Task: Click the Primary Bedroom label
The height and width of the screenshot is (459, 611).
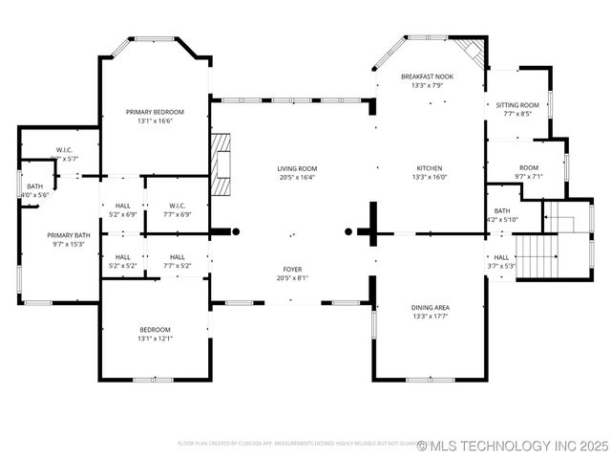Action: click(x=155, y=112)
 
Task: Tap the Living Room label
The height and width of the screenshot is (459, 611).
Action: click(x=297, y=168)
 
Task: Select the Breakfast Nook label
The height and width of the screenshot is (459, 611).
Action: click(x=427, y=76)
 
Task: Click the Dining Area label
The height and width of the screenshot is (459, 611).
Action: click(x=431, y=308)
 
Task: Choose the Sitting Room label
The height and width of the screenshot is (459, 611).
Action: click(x=516, y=105)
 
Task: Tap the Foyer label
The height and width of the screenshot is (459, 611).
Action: click(x=292, y=270)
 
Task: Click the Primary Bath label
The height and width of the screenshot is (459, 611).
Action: click(x=69, y=235)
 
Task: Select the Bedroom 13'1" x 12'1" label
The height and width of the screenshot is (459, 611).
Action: click(x=155, y=330)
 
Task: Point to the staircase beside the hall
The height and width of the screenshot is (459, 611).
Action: click(x=537, y=251)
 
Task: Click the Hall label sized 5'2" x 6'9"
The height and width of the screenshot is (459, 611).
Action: click(x=123, y=206)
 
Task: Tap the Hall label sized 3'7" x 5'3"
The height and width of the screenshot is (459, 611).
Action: click(x=501, y=257)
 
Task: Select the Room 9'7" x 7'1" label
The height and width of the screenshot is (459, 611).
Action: click(x=528, y=168)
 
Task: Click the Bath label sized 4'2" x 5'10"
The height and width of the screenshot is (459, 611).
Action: click(x=502, y=211)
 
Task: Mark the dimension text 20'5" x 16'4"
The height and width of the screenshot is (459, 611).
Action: click(x=297, y=177)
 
